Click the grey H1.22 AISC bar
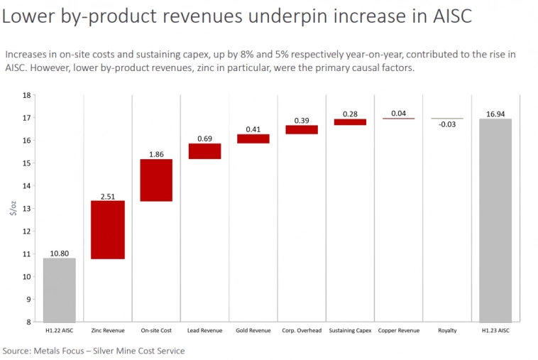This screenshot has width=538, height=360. pos(59,290)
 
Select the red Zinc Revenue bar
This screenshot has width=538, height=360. pos(108,229)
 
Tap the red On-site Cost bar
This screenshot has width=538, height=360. pos(156,180)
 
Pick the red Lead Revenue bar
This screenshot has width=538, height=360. pos(204,151)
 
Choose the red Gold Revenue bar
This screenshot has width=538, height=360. pos(253,138)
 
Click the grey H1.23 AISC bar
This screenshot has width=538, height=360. pos(495,220)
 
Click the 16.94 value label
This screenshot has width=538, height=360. pos(495,112)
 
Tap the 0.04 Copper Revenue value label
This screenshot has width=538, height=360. pos(398,112)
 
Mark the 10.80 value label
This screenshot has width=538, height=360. pos(59,252)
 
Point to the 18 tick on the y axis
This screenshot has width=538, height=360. pos(27,95)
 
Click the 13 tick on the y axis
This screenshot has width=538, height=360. pos(27,209)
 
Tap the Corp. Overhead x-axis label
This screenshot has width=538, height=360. pos(301,331)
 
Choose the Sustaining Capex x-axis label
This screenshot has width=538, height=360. pos(350,331)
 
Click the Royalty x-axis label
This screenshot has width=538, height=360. pos(447,331)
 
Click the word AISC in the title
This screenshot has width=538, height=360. pos(446,16)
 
